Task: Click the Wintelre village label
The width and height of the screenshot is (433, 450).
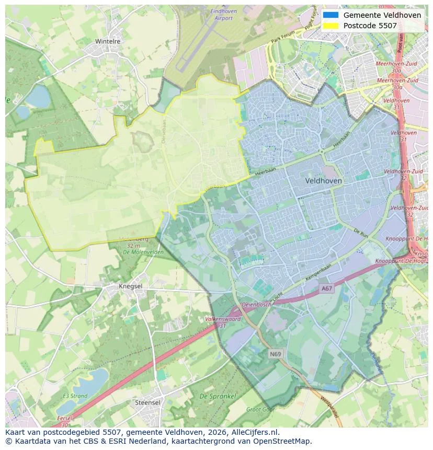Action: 108,41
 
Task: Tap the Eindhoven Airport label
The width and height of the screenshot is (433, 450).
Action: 223,15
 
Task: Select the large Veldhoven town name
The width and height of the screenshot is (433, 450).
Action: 324,180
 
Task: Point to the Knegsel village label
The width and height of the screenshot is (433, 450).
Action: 130,286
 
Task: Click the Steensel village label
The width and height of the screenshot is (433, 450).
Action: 147,402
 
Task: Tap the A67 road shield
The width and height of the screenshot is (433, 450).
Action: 327,288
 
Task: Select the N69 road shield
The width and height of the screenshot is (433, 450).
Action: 276,354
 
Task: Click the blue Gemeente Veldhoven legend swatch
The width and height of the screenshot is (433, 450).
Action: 331,15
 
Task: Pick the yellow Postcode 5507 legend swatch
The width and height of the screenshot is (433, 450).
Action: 331,25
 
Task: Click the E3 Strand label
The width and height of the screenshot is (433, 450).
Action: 75,396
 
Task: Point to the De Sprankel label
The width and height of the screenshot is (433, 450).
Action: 218,396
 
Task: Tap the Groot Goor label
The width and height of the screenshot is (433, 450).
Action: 260,410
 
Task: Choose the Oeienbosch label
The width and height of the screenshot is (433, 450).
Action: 257,304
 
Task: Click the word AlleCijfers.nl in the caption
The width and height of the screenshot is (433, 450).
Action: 254,432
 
